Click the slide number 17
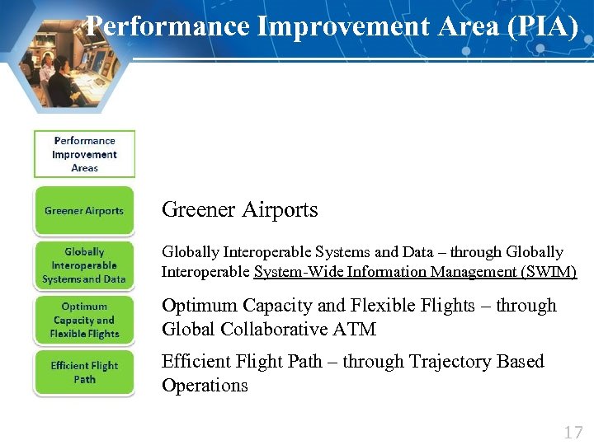click(573, 432)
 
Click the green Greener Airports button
click(84, 211)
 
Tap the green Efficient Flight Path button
click(84, 372)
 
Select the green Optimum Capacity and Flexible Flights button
click(84, 320)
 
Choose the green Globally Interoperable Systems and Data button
click(84, 265)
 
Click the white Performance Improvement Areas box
click(84, 154)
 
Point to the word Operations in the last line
click(205, 386)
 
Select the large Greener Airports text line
click(239, 210)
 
